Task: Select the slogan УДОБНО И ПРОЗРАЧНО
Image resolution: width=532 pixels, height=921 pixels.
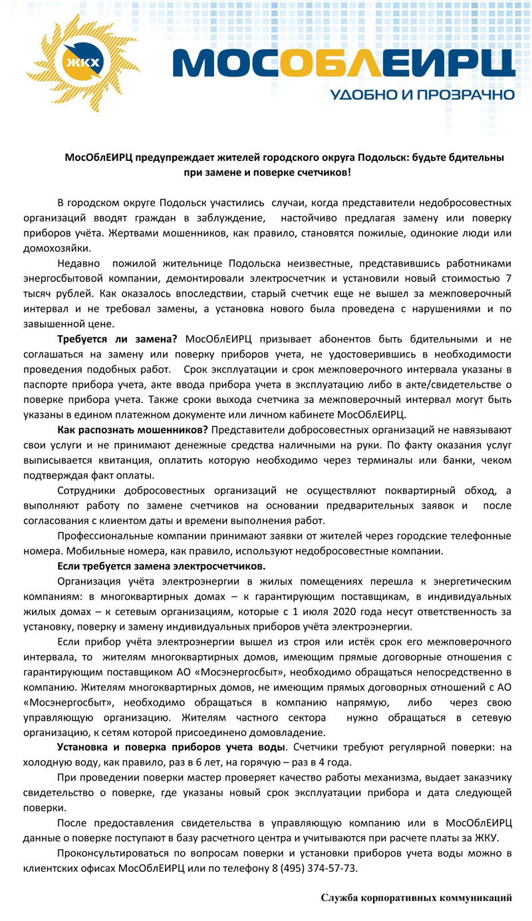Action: [422, 95]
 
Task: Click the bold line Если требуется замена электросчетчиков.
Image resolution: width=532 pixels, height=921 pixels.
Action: [162, 566]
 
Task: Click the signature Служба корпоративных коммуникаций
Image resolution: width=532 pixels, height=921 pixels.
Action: [416, 898]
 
